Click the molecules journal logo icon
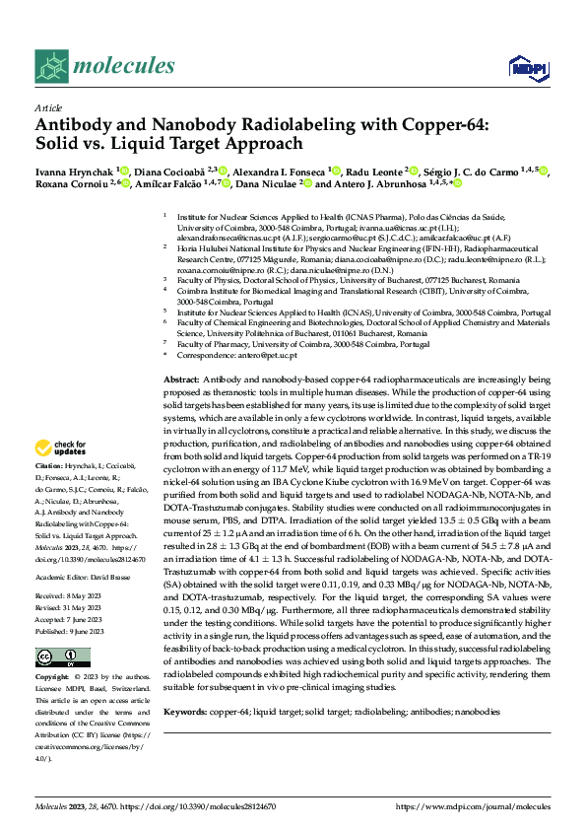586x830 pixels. coord(50,67)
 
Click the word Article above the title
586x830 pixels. coord(47,107)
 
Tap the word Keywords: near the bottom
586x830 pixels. coord(184,711)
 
